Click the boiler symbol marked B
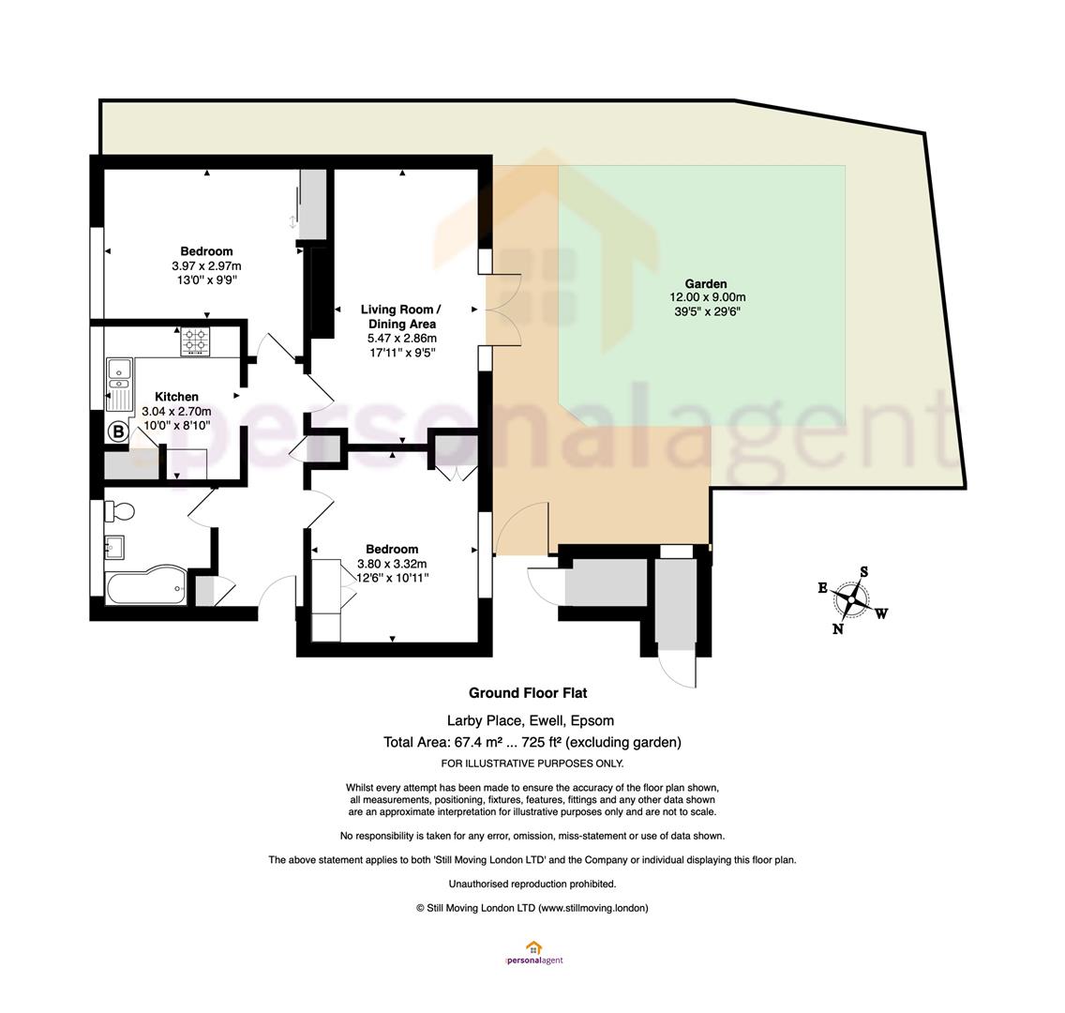[x=119, y=431]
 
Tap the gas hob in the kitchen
[x=196, y=341]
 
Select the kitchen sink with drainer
[x=120, y=385]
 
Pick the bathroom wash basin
[x=114, y=547]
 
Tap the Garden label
[x=706, y=283]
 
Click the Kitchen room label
[x=176, y=397]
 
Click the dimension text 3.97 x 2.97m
[x=206, y=265]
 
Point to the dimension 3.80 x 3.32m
[x=392, y=563]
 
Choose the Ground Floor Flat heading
[x=528, y=693]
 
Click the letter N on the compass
[x=838, y=629]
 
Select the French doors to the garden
[x=502, y=310]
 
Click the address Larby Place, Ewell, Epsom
[x=530, y=720]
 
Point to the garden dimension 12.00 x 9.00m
[x=707, y=297]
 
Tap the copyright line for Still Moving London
[x=532, y=908]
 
